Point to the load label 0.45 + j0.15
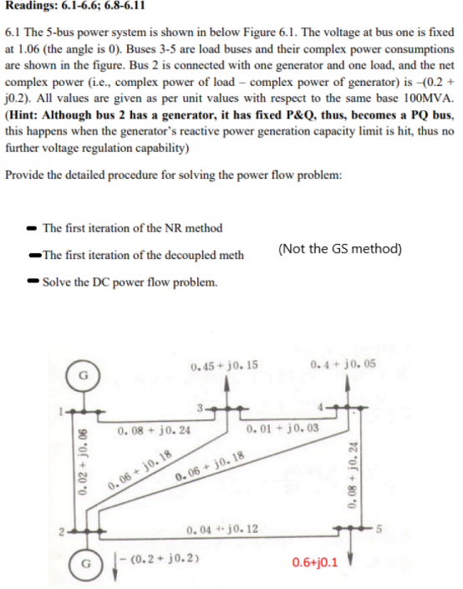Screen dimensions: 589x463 coord(224,365)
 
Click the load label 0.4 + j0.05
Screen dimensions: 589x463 coord(342,365)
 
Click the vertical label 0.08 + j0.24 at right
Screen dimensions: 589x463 coord(365,473)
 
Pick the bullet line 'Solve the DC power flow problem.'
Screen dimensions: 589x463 coord(130,282)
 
